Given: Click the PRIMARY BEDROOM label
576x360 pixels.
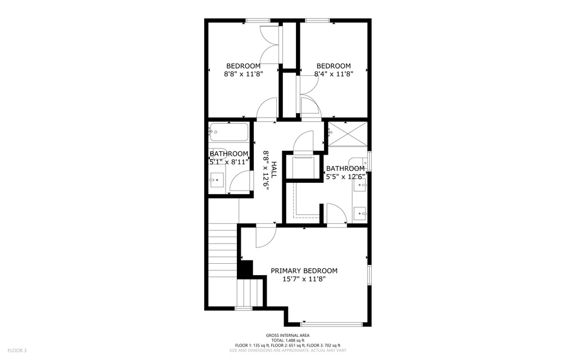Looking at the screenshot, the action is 304,271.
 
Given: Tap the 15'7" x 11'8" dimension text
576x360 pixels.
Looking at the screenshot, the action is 304,279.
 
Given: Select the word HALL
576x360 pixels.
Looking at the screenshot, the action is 273,170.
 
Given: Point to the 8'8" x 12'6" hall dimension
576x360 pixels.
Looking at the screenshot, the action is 265,170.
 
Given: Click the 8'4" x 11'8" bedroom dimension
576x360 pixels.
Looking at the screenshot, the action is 334,74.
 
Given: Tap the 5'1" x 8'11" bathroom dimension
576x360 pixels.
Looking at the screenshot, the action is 229,161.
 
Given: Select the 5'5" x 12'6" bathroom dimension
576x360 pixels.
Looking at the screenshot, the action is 345,176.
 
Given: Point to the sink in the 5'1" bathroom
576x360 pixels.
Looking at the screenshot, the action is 217,180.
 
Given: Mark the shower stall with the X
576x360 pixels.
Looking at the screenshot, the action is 348,134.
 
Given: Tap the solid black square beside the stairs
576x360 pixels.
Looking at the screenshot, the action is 245,269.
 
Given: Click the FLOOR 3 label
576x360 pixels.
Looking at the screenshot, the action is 17,350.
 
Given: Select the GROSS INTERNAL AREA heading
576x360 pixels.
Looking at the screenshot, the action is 287,335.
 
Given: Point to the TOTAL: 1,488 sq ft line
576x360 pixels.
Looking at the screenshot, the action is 287,340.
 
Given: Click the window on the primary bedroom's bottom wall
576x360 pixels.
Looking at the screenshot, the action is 331,324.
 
